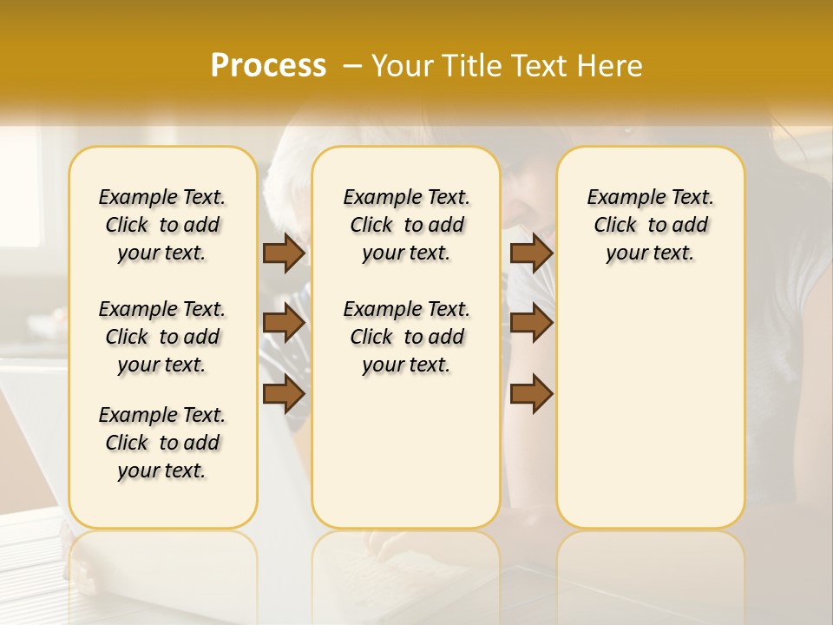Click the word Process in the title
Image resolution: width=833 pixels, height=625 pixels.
click(268, 65)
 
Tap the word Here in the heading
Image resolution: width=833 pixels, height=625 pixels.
click(611, 66)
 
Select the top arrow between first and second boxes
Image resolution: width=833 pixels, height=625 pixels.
click(284, 253)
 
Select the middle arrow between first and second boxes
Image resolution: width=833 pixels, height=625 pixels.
click(284, 323)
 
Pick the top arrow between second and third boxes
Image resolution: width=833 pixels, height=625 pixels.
click(531, 253)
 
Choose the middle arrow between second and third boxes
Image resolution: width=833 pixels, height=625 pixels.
click(531, 323)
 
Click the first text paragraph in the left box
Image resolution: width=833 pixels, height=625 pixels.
click(162, 225)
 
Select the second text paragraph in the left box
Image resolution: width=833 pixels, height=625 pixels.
click(162, 337)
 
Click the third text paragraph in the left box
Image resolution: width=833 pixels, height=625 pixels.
click(162, 443)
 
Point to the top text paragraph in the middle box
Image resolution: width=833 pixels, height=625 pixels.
click(406, 225)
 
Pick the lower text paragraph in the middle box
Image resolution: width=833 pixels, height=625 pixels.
click(406, 337)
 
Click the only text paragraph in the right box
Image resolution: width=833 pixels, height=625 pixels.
click(650, 225)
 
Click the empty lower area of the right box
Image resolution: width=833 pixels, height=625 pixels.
click(650, 408)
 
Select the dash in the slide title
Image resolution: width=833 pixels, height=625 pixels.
click(352, 66)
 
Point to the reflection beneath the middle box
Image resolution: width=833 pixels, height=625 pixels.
click(406, 564)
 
